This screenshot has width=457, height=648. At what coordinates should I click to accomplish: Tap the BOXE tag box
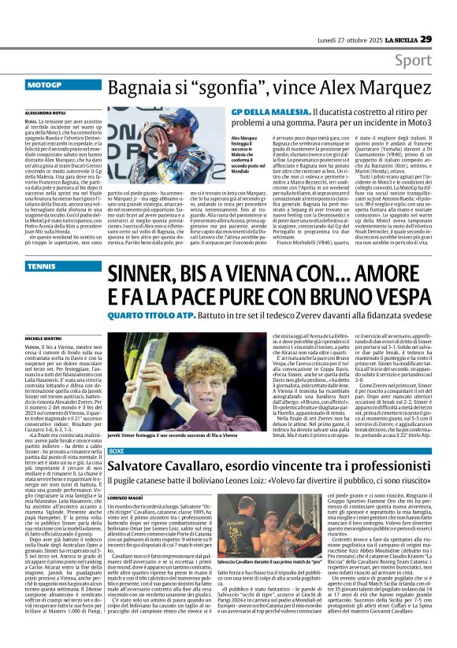[x=116, y=450]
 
